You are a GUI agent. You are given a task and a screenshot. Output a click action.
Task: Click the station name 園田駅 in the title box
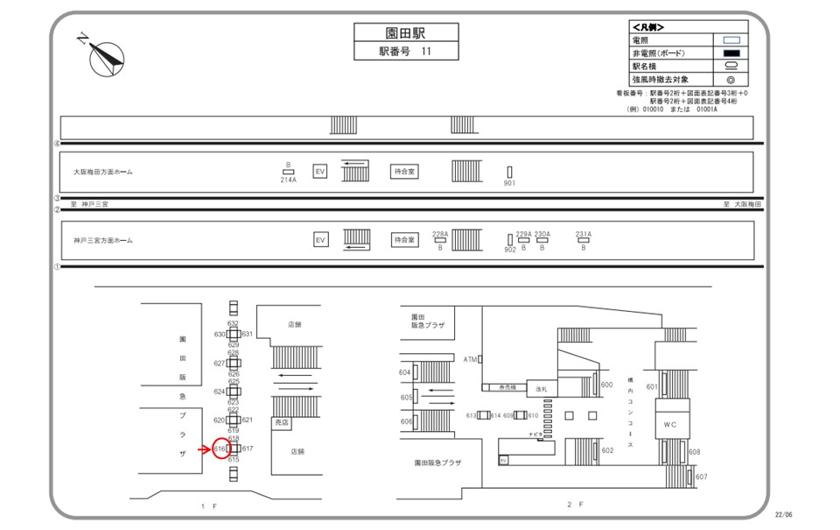tap(406, 32)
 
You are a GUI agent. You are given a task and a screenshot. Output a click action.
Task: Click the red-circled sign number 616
tap(220, 449)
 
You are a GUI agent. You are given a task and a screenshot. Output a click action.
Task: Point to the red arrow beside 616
tap(206, 449)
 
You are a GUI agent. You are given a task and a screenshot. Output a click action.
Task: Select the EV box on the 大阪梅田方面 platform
tap(320, 172)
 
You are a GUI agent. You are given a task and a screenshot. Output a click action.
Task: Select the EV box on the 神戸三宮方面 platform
tap(320, 239)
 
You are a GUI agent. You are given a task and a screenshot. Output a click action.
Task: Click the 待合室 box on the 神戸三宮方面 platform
tap(403, 239)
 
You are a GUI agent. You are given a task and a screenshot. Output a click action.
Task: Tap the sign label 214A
tap(288, 180)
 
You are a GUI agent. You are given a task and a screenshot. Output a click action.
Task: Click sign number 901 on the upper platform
tap(509, 183)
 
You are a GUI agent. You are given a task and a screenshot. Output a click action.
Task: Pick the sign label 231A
tap(584, 234)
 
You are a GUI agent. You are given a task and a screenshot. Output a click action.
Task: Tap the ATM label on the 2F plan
tap(471, 359)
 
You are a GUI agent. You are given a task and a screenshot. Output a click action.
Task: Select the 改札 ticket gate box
tap(541, 389)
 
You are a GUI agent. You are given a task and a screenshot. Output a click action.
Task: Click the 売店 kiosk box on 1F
tap(282, 421)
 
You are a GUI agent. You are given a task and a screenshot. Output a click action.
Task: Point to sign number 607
tap(701, 477)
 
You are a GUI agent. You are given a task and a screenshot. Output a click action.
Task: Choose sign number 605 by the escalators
tap(406, 397)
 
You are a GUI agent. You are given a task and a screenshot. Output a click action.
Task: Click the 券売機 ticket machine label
tap(507, 387)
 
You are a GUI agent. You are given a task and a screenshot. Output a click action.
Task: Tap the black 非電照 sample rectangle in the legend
tap(731, 53)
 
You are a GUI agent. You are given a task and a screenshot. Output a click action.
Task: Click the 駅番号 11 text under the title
tap(405, 52)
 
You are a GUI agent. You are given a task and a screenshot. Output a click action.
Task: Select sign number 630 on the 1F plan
tap(220, 335)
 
